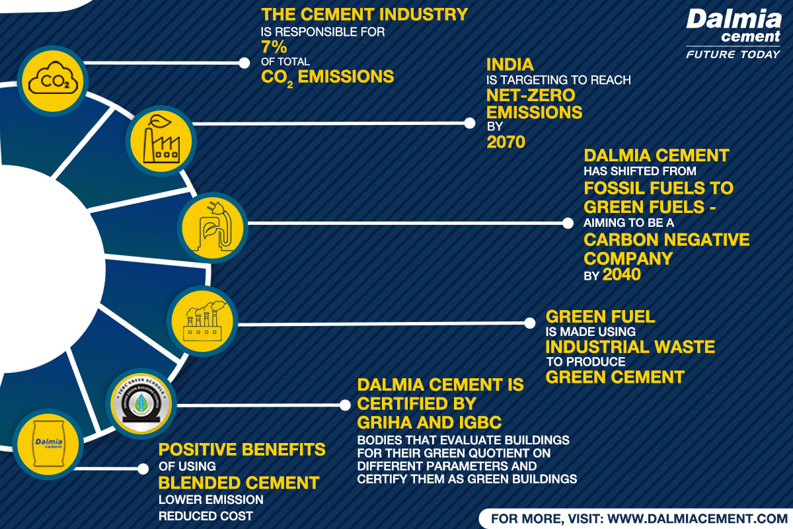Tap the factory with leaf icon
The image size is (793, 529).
160,140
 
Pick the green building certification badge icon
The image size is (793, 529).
139,402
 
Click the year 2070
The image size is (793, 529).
506,141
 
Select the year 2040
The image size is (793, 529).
621,274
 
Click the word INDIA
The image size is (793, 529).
510,65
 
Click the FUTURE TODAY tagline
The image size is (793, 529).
733,54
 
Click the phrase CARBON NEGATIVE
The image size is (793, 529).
667,239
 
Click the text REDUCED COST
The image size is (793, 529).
206,515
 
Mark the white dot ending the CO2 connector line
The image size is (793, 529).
243,63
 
